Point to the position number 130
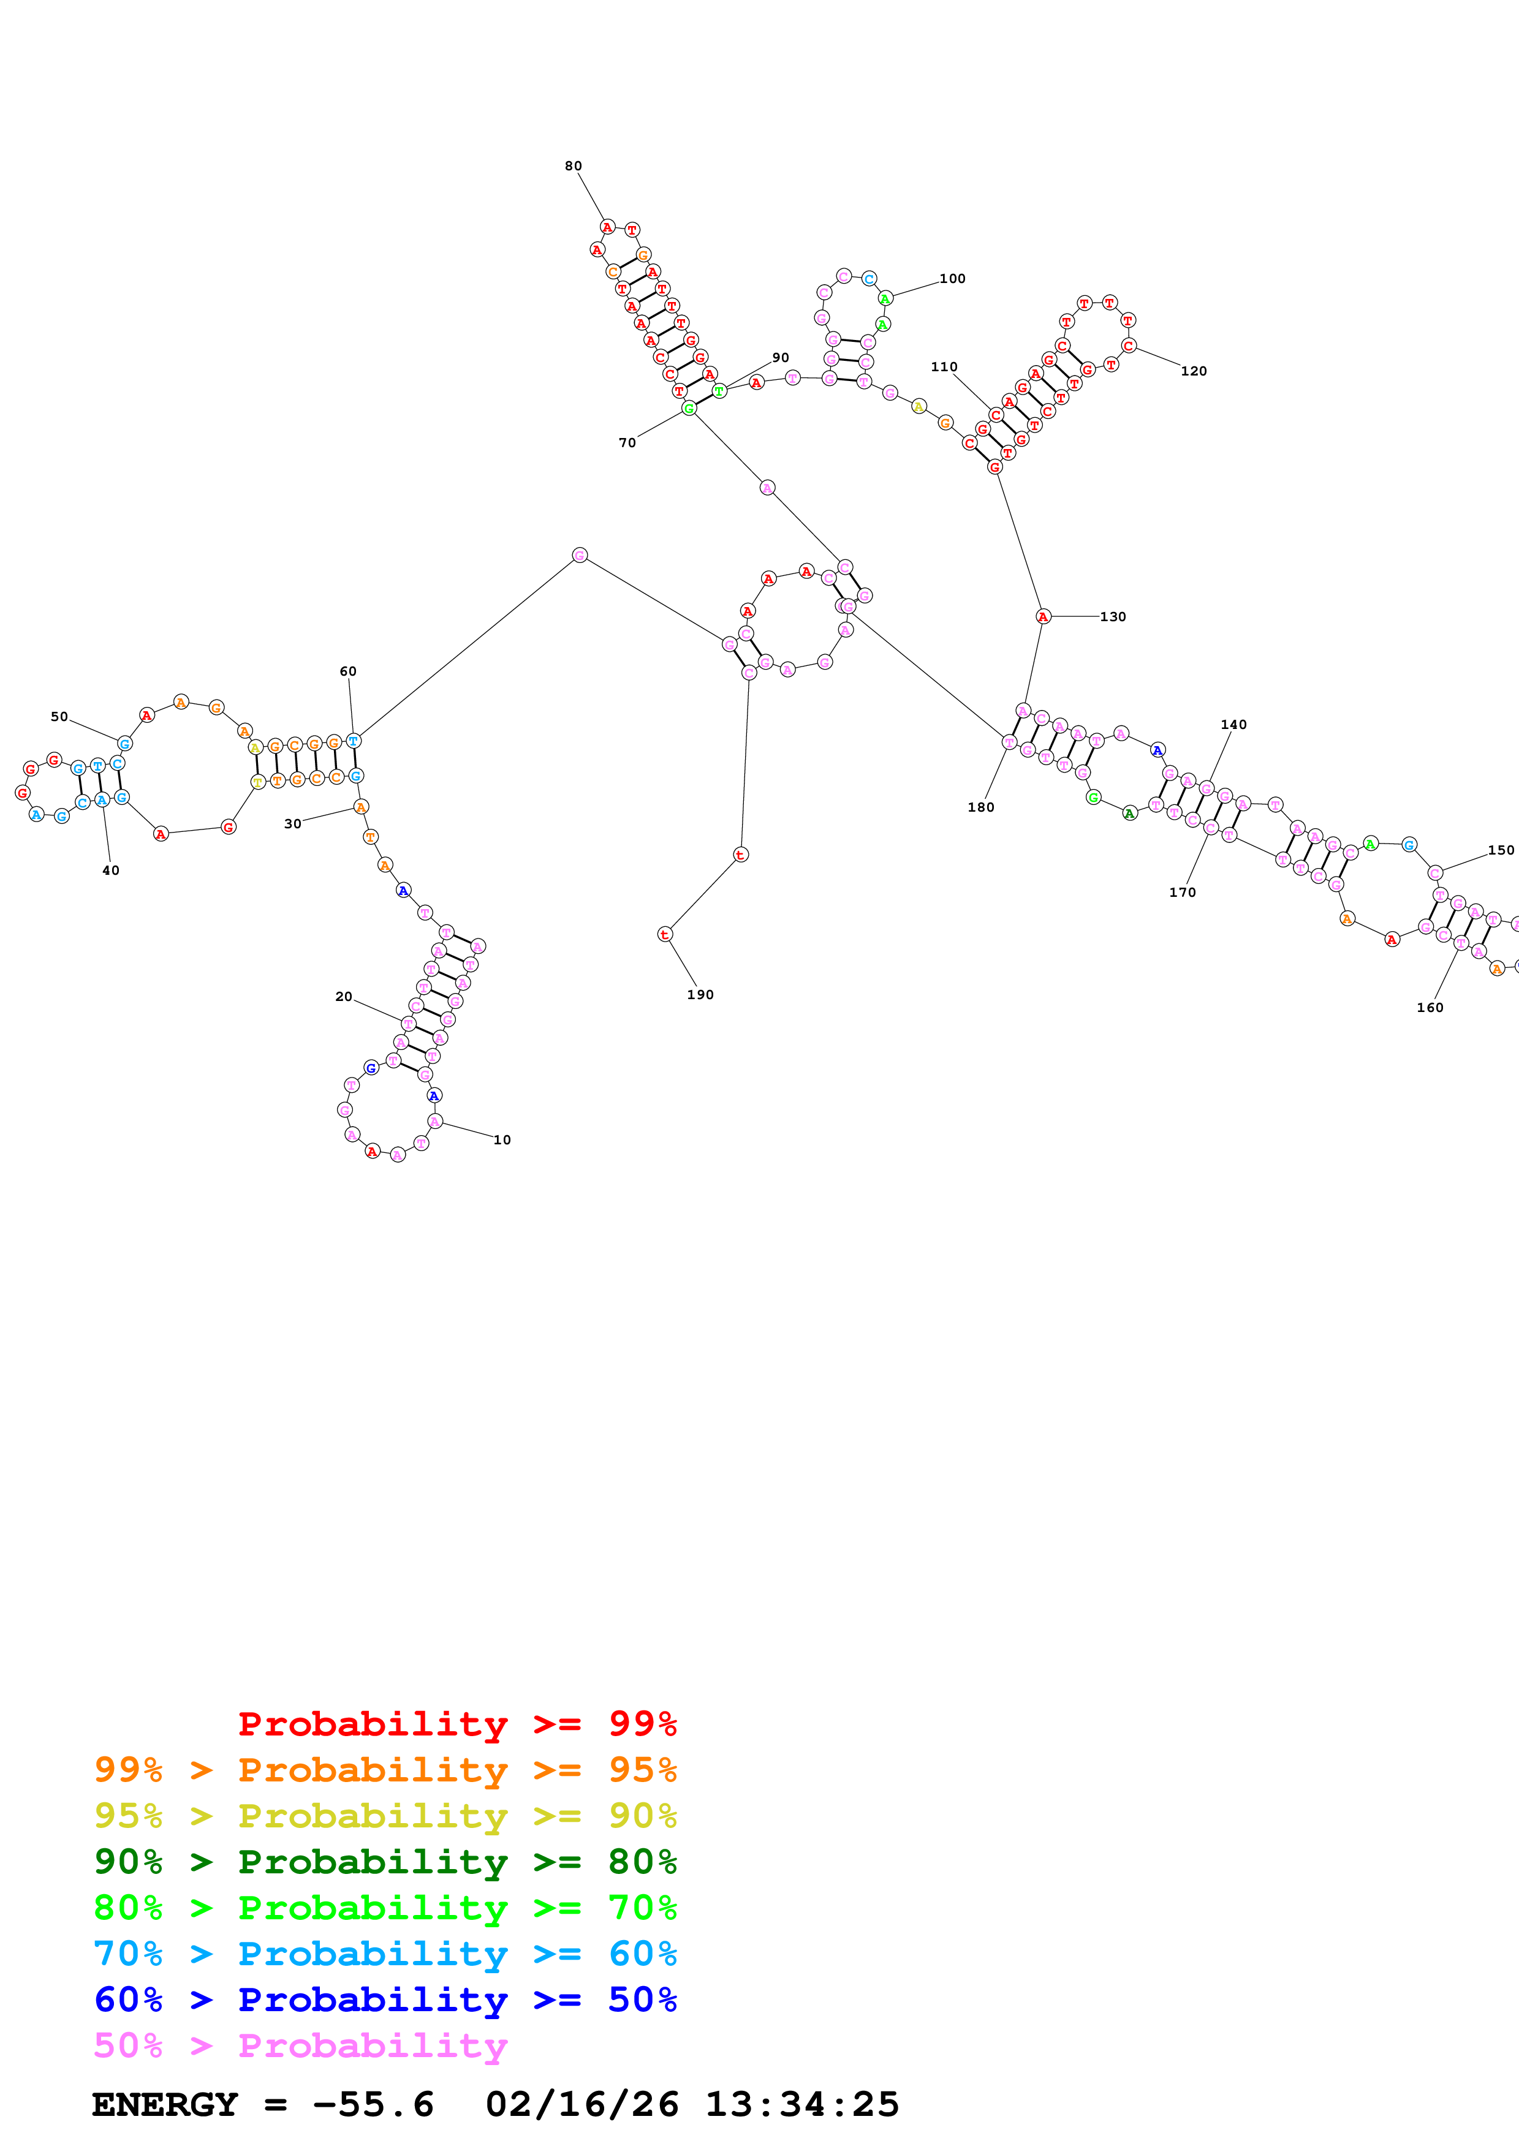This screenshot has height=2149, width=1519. (x=1113, y=617)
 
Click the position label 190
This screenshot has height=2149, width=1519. (x=700, y=995)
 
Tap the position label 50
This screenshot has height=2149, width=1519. (x=59, y=717)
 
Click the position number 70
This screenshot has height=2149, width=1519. (x=627, y=443)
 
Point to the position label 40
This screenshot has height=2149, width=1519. (x=110, y=871)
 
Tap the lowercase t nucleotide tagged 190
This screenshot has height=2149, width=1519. (x=664, y=934)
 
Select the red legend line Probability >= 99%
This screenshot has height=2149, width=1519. (x=456, y=1724)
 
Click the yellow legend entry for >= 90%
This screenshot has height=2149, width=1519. (x=385, y=1816)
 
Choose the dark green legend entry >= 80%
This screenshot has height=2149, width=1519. (x=385, y=1862)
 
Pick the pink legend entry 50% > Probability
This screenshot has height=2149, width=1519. (x=300, y=2046)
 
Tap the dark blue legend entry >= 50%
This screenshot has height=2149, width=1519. (x=385, y=2000)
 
